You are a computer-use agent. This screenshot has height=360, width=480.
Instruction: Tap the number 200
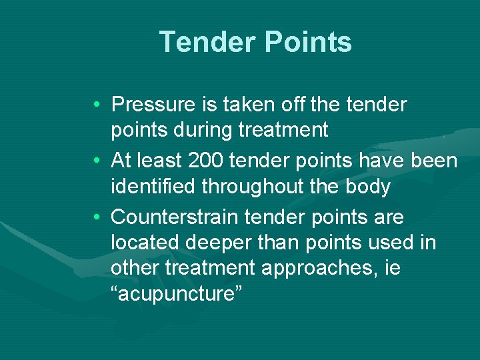[187, 161]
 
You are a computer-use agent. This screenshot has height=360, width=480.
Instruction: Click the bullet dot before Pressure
[97, 105]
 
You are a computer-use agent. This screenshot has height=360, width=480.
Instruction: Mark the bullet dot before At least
[97, 162]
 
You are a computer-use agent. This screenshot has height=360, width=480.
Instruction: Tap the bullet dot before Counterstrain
[97, 218]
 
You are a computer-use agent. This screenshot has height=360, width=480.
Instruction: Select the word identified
[154, 187]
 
